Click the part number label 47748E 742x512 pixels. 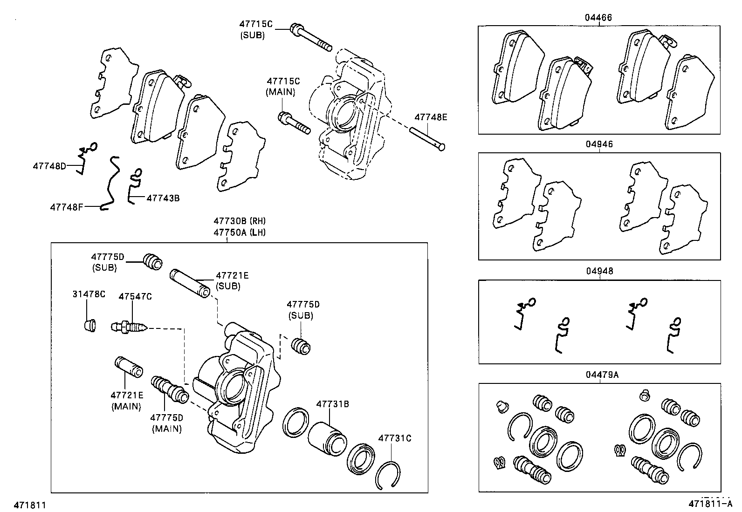(431, 117)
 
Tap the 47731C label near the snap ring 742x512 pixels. (394, 438)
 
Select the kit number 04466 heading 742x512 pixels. (598, 18)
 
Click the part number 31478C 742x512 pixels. (89, 294)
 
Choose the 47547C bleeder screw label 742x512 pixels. (135, 296)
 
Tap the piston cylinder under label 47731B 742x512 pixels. (327, 439)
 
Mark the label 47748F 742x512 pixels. (67, 206)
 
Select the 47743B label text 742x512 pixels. (163, 198)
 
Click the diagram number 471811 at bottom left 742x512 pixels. (30, 505)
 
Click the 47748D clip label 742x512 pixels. (49, 166)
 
